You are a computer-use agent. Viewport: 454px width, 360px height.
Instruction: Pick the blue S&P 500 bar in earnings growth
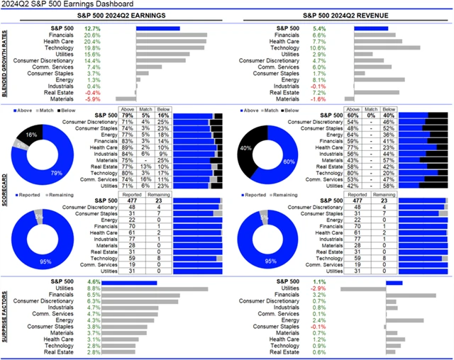(157, 28)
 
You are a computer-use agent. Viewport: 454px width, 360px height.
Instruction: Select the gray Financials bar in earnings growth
(171, 34)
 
